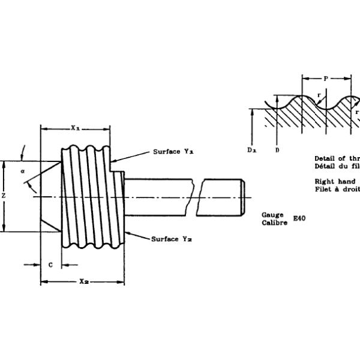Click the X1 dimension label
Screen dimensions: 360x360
coord(75,127)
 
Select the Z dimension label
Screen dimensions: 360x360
coord(4,196)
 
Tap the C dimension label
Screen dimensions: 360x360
coord(50,264)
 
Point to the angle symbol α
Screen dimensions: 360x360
coord(22,172)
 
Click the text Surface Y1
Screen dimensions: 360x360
coord(173,152)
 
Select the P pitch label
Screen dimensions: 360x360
coord(325,78)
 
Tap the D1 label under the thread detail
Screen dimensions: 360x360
coord(251,149)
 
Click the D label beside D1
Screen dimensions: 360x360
coord(277,149)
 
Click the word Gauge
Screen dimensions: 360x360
coord(272,214)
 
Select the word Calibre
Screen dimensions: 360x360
coord(275,222)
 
